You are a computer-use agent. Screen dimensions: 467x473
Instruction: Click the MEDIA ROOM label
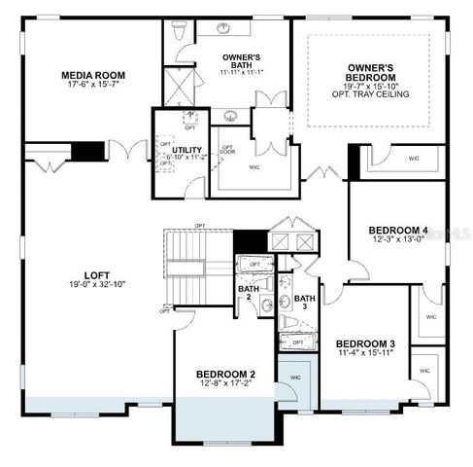[93, 75]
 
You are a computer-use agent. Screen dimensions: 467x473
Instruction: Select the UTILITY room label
[186, 150]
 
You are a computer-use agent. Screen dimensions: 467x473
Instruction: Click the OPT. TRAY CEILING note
[370, 93]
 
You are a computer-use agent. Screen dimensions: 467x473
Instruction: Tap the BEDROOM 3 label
[365, 343]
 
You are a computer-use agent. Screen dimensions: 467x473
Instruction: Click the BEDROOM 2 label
[225, 374]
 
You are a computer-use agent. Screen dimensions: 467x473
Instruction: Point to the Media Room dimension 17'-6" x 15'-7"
[93, 86]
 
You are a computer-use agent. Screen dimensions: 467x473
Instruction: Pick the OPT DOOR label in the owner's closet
[227, 150]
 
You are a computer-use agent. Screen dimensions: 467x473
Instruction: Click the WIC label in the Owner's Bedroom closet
[414, 157]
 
